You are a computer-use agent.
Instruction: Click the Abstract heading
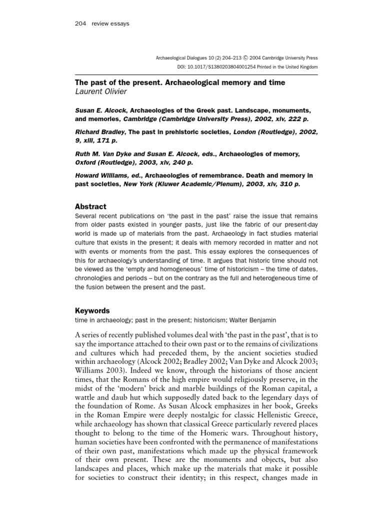[x=90, y=206]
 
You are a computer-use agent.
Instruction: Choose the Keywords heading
[x=92, y=310]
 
